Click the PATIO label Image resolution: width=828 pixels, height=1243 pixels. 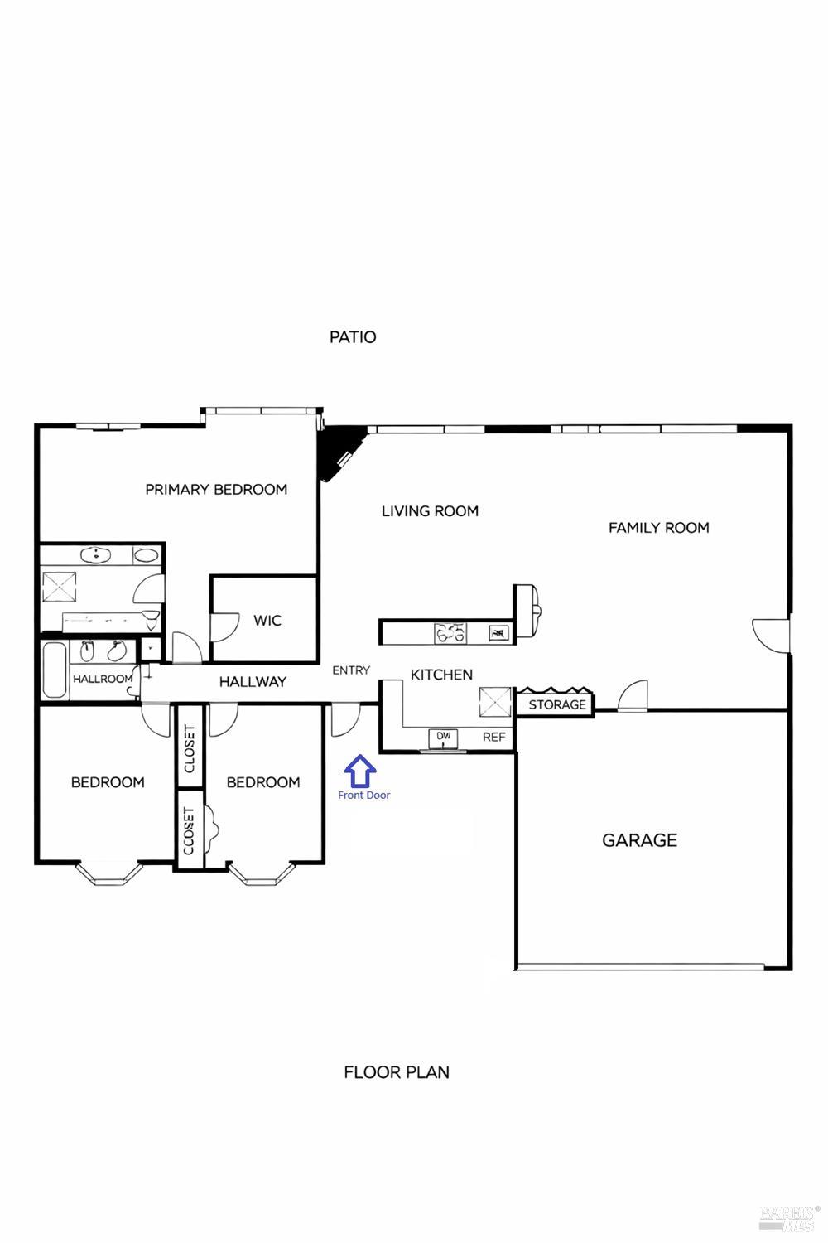(x=353, y=336)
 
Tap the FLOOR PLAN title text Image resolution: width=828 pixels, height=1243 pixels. (x=397, y=1071)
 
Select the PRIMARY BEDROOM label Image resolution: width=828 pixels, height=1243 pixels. (x=216, y=489)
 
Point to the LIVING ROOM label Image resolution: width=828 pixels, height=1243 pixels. (x=430, y=511)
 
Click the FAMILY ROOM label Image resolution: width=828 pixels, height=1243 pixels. (x=658, y=527)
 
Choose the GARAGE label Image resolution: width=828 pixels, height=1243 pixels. (x=639, y=840)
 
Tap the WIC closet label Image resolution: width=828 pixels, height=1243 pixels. (x=267, y=620)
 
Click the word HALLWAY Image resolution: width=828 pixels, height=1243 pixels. (x=253, y=681)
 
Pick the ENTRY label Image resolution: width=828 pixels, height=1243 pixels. (x=351, y=670)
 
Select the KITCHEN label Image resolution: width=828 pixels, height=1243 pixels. (x=441, y=675)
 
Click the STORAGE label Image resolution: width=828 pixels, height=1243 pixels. (x=556, y=704)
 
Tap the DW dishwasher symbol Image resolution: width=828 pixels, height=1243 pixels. (x=443, y=737)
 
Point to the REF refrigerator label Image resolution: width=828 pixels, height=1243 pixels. (x=493, y=737)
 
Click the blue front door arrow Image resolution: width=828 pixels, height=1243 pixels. (x=360, y=771)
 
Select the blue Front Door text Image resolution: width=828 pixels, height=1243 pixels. (x=363, y=796)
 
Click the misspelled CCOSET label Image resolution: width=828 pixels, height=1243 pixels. (x=189, y=830)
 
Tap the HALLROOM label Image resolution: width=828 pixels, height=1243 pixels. (x=103, y=679)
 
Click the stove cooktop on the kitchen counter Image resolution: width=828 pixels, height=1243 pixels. (x=450, y=633)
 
